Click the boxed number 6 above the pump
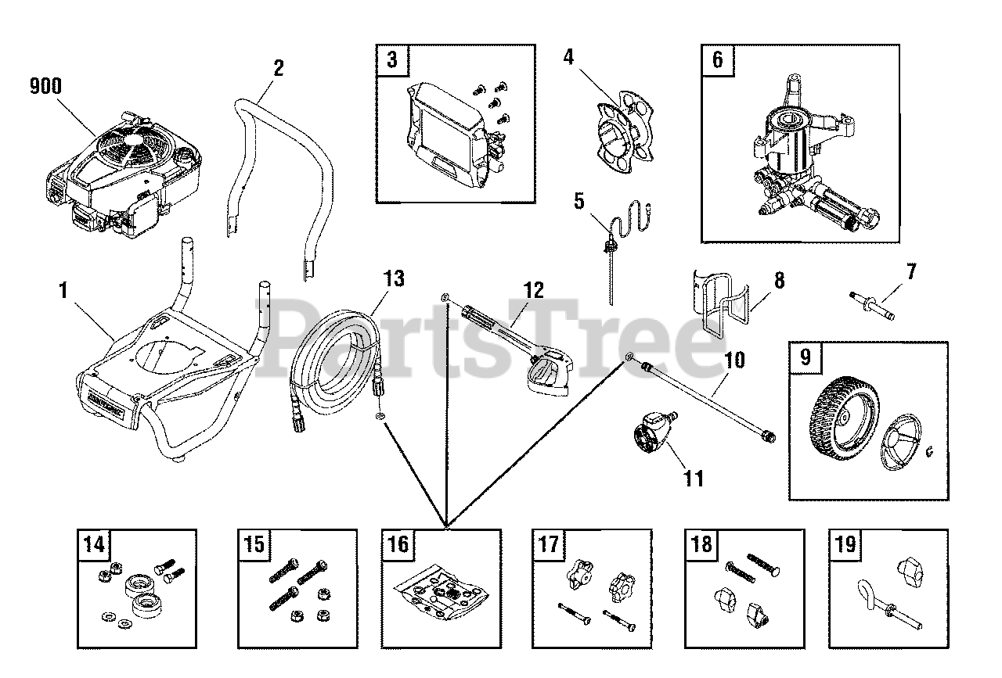click(x=717, y=60)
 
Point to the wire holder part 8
click(x=720, y=305)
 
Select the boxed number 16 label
click(x=398, y=543)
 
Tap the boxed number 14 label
click(x=93, y=543)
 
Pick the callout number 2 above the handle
click(x=277, y=68)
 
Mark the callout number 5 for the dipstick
click(x=578, y=201)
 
